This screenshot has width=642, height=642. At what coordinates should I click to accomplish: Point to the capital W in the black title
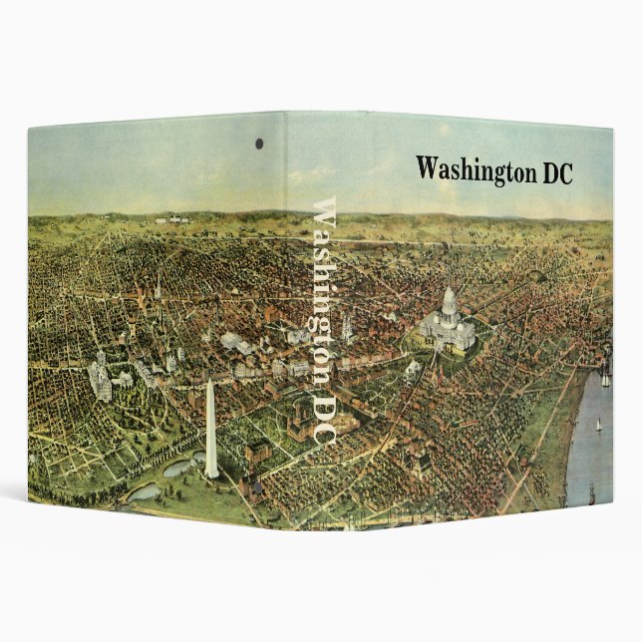pos(427,168)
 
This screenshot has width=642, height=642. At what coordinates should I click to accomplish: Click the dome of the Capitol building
pos(449,301)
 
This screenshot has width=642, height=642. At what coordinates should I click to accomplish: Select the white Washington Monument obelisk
pos(210,429)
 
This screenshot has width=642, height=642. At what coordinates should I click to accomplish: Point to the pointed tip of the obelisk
pos(209,382)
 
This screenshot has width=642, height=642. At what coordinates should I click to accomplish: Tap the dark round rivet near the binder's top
pos(259,144)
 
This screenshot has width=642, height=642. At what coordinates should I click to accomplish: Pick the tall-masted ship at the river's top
pos(604,377)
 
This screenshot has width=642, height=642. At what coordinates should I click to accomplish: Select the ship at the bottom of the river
pos(591,492)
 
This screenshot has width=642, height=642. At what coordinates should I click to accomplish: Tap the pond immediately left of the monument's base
pos(180,466)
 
